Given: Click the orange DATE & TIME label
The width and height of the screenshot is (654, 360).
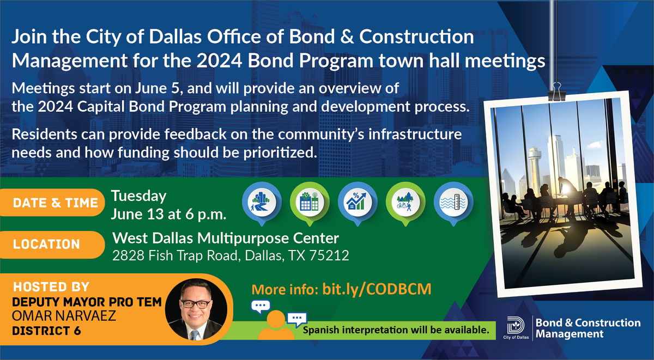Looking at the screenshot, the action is [x=52, y=203].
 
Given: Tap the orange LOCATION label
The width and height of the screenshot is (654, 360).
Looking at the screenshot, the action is [x=52, y=245].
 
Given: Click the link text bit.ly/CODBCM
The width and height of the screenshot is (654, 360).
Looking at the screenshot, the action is [x=377, y=289].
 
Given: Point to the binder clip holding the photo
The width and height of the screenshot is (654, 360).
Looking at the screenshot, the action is [x=557, y=92].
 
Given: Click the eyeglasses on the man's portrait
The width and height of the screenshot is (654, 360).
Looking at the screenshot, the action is [x=196, y=304].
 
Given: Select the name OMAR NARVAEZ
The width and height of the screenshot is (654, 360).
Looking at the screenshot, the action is [x=64, y=316].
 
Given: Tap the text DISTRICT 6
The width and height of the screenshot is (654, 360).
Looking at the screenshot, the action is [x=46, y=331].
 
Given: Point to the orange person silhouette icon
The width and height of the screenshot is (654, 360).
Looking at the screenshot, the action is [x=276, y=325].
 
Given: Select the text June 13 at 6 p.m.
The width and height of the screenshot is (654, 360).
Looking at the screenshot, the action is [x=168, y=215].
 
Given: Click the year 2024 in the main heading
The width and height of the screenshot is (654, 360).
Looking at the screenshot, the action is [x=219, y=60].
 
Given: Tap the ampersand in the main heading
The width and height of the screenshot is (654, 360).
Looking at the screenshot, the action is [x=347, y=36].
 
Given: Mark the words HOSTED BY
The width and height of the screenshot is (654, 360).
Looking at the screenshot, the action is [x=51, y=287].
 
